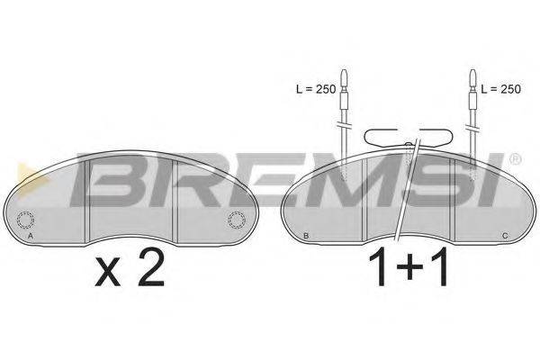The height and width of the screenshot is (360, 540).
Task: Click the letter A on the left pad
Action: click(x=31, y=236)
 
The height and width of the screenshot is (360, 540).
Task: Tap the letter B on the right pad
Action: click(x=306, y=236)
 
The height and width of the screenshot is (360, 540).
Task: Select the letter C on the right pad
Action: click(x=505, y=236)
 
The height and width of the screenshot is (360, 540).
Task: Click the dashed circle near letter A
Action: click(x=25, y=220)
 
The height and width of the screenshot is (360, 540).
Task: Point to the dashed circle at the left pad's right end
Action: click(x=237, y=220)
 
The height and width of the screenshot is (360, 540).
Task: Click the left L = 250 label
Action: click(x=316, y=89)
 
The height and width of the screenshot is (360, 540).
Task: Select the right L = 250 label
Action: click(x=500, y=89)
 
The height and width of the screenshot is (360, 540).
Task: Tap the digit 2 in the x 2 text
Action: click(x=151, y=267)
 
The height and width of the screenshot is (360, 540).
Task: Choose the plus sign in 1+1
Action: click(x=409, y=266)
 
